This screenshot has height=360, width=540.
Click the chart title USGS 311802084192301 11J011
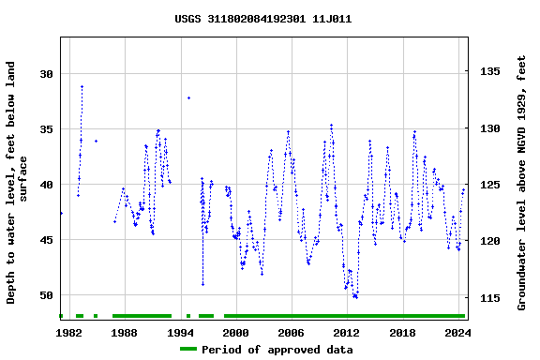point(263,18)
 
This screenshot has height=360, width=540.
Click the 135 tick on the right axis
point(490,71)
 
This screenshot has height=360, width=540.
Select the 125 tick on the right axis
point(490,185)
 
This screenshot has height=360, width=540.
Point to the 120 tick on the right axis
point(490,242)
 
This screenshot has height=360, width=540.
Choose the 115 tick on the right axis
point(490,298)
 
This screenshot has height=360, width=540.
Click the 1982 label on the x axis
point(69,332)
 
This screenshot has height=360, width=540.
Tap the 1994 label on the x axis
point(180,332)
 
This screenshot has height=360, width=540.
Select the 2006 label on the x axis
point(291,332)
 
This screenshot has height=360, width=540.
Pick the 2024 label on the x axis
point(457,332)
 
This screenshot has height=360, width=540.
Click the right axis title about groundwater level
point(522,183)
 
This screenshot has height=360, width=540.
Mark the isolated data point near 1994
point(188,97)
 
